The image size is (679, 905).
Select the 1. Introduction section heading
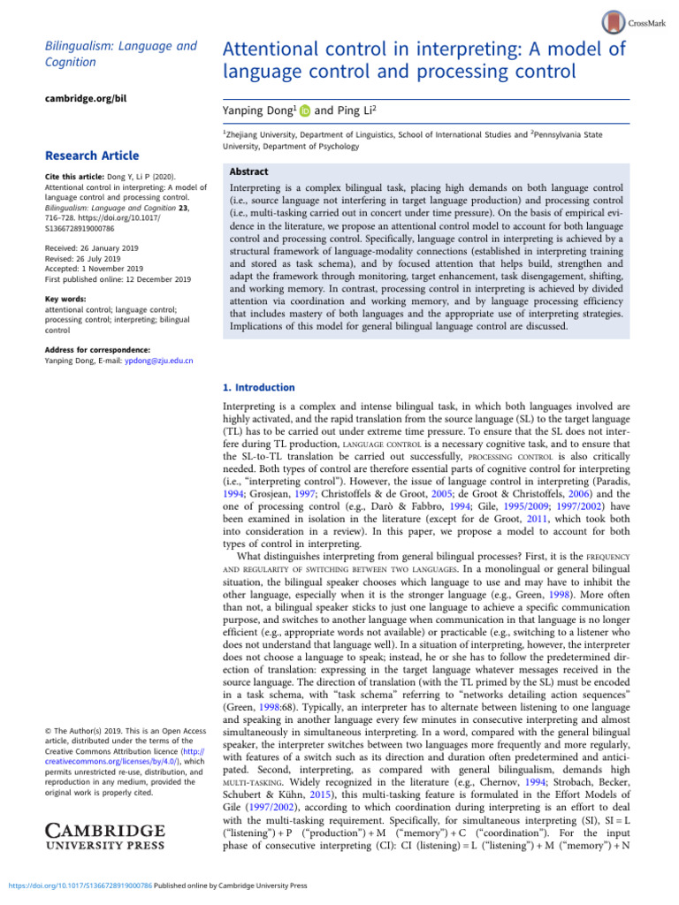[259, 387]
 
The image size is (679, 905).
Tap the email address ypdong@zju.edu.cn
[151, 361]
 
